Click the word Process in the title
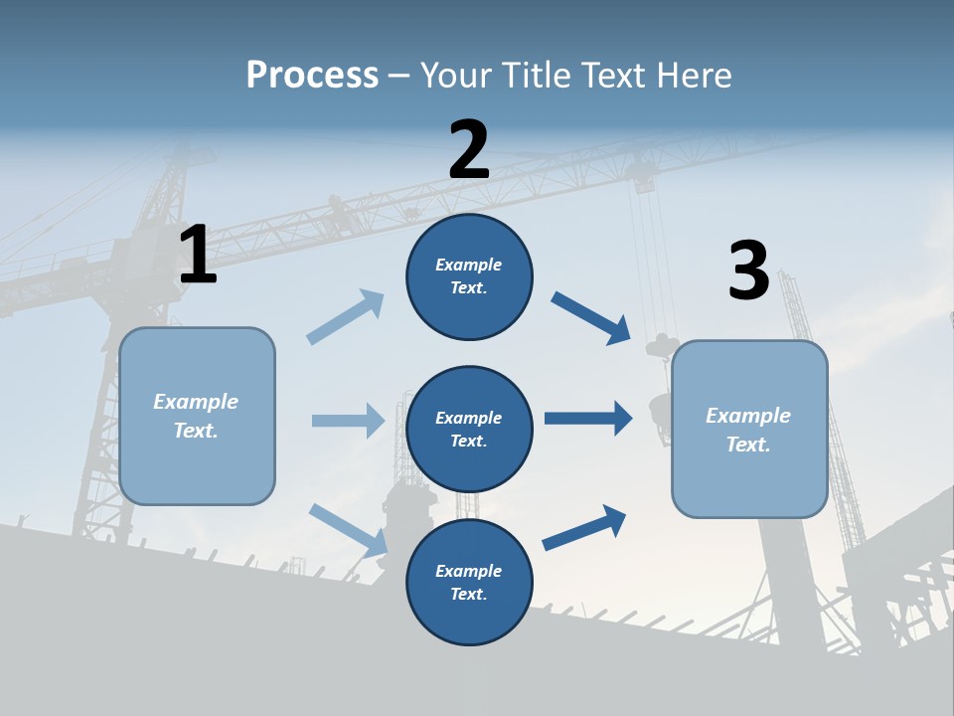tap(312, 76)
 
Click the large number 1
tap(198, 256)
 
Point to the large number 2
tap(469, 150)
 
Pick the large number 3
tap(749, 271)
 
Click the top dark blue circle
tap(469, 276)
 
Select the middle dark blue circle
tap(469, 429)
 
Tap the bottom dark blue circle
tap(469, 582)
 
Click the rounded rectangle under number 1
tap(197, 416)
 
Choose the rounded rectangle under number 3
tap(749, 429)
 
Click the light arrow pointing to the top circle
tap(346, 317)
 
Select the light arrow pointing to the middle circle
tap(348, 421)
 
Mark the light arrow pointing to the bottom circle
tap(348, 529)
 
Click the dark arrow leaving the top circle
tap(591, 318)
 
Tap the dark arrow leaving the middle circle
tap(588, 419)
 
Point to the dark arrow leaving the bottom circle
tap(584, 528)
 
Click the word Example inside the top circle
tap(468, 265)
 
